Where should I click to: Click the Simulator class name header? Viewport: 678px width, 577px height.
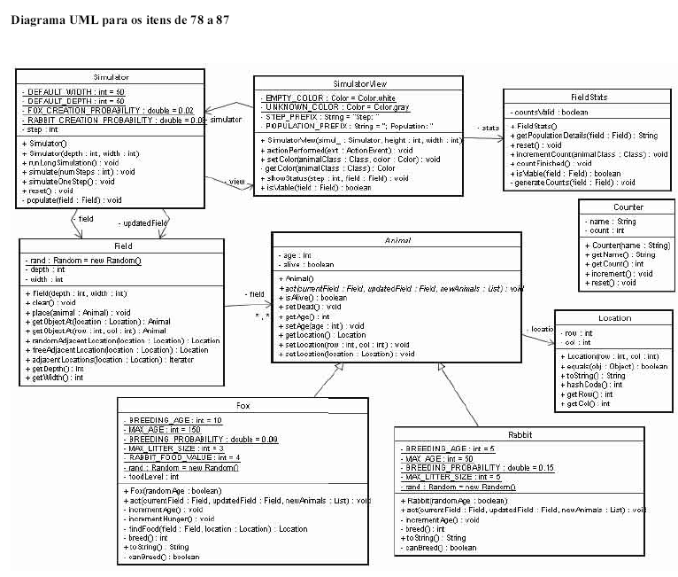click(111, 77)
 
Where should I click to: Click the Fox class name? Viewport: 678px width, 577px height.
click(243, 405)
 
